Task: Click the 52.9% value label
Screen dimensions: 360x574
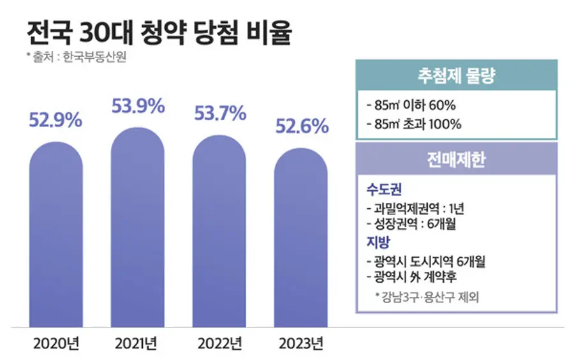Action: (x=56, y=119)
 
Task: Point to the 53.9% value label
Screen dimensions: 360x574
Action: (x=138, y=106)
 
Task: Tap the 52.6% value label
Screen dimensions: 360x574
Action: (x=302, y=126)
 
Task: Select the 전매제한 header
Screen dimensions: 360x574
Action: (x=456, y=160)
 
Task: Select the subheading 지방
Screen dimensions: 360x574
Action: (x=378, y=243)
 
